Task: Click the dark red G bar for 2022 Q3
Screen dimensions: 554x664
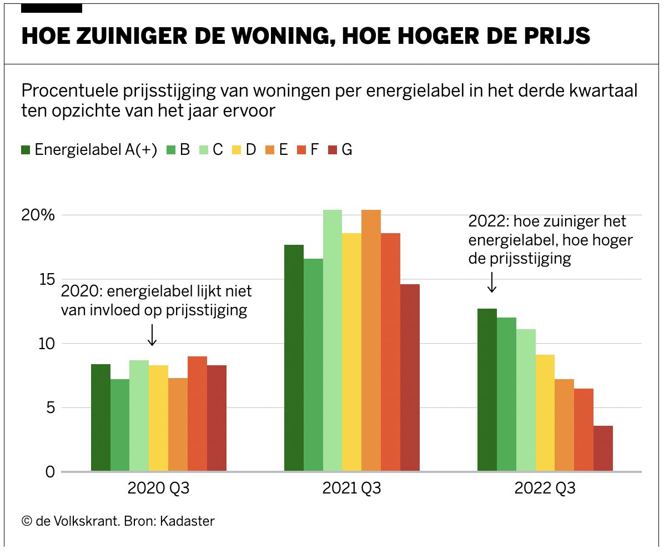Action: click(603, 449)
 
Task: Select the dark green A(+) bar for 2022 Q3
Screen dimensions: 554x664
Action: click(487, 390)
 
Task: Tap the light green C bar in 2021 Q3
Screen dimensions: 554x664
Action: click(333, 340)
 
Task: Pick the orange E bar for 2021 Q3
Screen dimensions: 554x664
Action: click(371, 340)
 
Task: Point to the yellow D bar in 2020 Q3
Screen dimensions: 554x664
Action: click(158, 418)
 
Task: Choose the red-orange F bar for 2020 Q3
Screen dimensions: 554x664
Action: click(197, 414)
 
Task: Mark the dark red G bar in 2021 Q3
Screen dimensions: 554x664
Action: click(410, 377)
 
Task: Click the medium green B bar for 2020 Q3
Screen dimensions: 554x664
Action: click(120, 425)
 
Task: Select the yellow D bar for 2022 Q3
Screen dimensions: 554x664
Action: click(545, 413)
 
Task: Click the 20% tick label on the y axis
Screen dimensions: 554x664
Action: click(38, 215)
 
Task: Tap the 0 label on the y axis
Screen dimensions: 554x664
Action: click(49, 472)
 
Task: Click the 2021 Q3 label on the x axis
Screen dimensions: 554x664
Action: click(351, 489)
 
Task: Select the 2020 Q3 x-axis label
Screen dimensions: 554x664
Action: click(158, 489)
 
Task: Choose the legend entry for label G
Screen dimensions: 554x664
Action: click(340, 150)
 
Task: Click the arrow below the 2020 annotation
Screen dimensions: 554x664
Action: click(152, 334)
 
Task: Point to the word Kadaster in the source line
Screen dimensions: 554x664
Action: click(187, 521)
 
